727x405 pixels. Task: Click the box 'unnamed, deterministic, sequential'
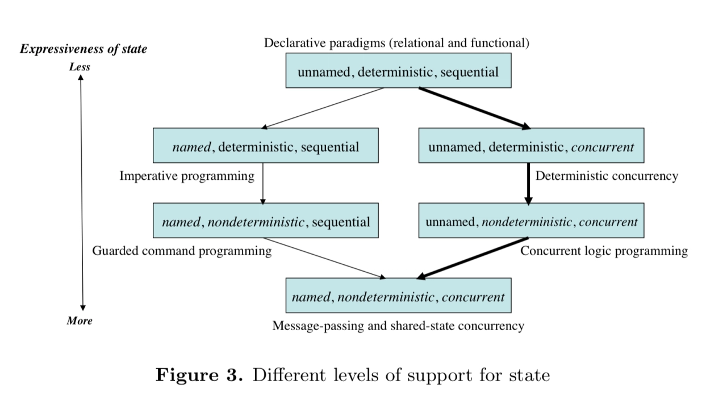click(398, 71)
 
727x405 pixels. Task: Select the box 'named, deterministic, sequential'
click(266, 146)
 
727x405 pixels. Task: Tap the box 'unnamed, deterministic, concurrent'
click(531, 146)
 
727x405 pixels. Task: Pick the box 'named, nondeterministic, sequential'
click(266, 221)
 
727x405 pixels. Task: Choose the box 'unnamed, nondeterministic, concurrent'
click(531, 221)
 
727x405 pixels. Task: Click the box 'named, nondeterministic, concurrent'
click(398, 296)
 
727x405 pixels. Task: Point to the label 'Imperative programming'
click(187, 176)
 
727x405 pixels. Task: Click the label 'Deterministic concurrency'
click(607, 176)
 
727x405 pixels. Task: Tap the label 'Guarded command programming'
click(182, 251)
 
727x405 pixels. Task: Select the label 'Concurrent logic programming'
click(604, 251)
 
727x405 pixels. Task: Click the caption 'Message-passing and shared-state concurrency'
click(398, 326)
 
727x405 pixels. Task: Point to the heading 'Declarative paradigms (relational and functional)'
click(396, 43)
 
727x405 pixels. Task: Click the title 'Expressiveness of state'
click(83, 49)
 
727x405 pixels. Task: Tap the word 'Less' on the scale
click(80, 67)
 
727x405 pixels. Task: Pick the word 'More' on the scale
click(80, 321)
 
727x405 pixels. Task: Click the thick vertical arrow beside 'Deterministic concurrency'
click(528, 183)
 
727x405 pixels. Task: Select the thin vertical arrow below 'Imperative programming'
click(263, 183)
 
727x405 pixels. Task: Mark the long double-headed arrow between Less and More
click(82, 193)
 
